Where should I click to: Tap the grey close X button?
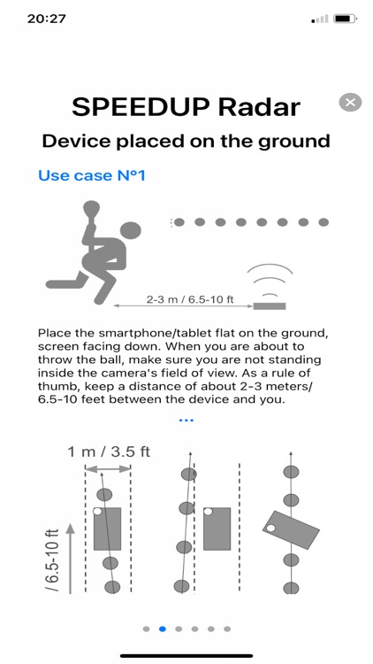pos(350,102)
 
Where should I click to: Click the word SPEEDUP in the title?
pos(141,107)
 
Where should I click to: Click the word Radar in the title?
pos(259,107)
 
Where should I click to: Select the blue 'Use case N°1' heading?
pos(92,175)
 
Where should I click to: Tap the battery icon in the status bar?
pos(345,19)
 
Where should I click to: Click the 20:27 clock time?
pos(47,19)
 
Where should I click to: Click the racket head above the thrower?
pos(92,208)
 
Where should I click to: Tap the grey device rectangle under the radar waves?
pos(270,305)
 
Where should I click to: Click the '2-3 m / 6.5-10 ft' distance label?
pos(190,299)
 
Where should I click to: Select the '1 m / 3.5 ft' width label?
pos(109,452)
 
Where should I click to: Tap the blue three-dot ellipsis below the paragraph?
pos(186,421)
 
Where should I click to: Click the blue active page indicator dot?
pos(163,629)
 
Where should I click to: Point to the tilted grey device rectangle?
pos(291,529)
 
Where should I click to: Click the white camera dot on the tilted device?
pos(270,528)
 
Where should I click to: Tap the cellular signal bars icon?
pos(320,19)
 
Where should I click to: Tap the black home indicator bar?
pos(186,656)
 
